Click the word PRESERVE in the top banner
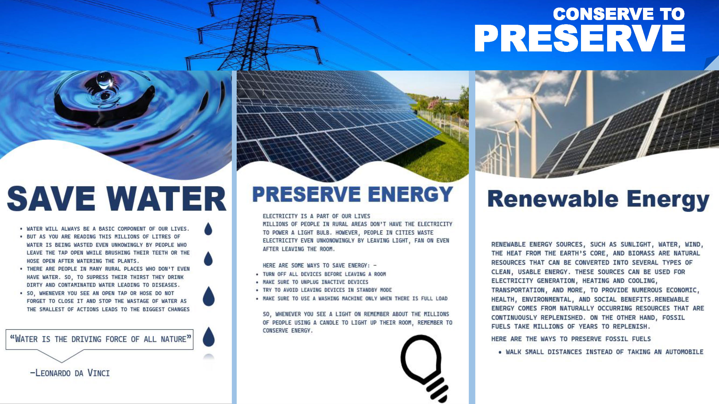(x=580, y=38)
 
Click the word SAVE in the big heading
(x=51, y=198)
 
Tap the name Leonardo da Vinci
(x=70, y=373)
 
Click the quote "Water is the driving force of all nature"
(x=101, y=339)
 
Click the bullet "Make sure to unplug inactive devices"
(x=315, y=282)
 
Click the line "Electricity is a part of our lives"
(x=316, y=216)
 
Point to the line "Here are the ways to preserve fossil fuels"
(x=571, y=339)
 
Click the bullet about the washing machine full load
(x=355, y=298)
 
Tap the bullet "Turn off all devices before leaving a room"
(x=324, y=274)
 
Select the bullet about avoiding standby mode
(x=327, y=290)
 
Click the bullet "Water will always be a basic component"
(x=108, y=229)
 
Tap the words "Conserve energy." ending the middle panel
(x=287, y=331)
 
